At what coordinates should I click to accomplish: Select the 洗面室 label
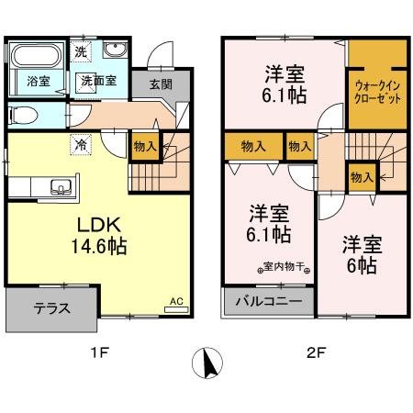point(96,81)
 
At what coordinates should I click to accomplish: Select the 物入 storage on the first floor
point(144,146)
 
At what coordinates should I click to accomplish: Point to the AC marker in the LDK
point(176,299)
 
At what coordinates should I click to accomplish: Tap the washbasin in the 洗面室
point(115,51)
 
